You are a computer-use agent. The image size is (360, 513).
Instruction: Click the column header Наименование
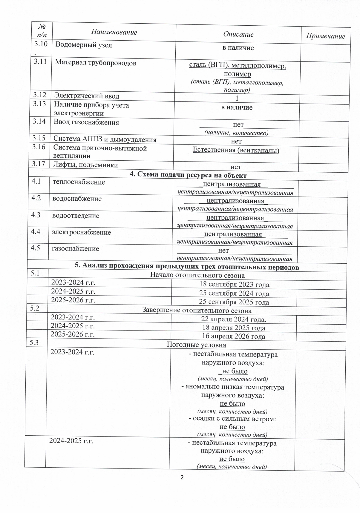(114, 32)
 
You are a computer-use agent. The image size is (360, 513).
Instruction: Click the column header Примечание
(325, 36)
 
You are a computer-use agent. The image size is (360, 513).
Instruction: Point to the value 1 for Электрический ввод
(237, 98)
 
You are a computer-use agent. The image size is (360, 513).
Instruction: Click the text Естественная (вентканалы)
(236, 150)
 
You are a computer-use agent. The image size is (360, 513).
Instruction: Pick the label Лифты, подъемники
(85, 165)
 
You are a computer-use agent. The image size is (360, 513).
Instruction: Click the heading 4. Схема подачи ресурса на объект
(188, 175)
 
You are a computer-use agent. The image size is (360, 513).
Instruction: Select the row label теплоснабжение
(79, 182)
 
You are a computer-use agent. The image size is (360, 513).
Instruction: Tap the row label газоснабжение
(76, 249)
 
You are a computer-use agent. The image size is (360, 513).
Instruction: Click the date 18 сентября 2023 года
(234, 285)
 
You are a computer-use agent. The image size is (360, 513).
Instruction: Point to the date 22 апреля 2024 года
(233, 319)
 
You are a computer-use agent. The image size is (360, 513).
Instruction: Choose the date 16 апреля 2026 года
(233, 336)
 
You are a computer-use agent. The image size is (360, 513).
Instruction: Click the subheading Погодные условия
(196, 345)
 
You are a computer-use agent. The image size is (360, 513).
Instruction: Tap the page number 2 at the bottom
(182, 477)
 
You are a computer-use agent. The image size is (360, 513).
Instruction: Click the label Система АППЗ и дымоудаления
(105, 139)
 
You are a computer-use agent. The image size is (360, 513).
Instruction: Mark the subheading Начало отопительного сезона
(197, 275)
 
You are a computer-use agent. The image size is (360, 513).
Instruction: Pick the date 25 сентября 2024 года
(234, 294)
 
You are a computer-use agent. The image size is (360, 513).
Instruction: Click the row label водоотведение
(76, 216)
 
